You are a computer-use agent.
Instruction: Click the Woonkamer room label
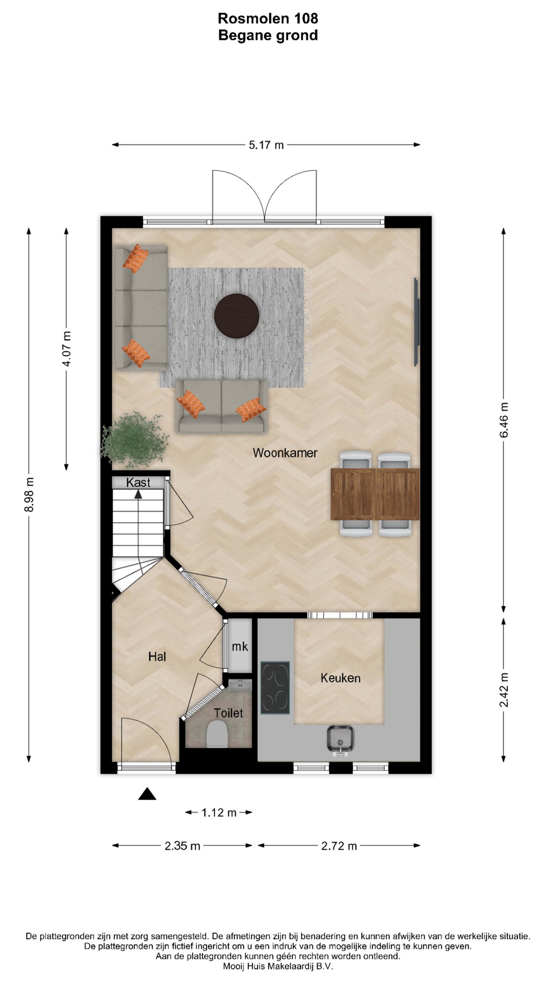click(x=285, y=453)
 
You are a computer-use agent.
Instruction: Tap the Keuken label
click(x=340, y=678)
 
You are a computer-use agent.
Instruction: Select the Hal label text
click(x=157, y=657)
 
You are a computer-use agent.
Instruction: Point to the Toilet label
click(x=228, y=713)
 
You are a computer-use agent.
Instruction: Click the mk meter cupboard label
click(x=240, y=647)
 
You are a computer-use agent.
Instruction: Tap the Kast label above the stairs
click(x=138, y=482)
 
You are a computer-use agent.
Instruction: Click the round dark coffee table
click(x=236, y=316)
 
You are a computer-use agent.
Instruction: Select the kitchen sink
click(x=340, y=740)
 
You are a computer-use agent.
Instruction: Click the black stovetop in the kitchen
click(x=275, y=688)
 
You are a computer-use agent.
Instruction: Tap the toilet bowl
click(x=216, y=734)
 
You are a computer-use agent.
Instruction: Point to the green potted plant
click(x=134, y=439)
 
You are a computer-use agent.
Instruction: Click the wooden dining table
click(x=375, y=494)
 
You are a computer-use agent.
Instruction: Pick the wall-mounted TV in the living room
click(x=417, y=322)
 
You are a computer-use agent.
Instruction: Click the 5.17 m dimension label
click(x=266, y=145)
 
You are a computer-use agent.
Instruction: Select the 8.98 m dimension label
click(x=29, y=494)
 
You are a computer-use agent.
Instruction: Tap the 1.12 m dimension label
click(x=219, y=812)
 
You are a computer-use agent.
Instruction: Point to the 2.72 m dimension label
click(x=339, y=846)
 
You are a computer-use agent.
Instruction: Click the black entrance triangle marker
click(x=147, y=794)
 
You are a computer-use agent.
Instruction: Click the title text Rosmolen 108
click(x=268, y=18)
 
